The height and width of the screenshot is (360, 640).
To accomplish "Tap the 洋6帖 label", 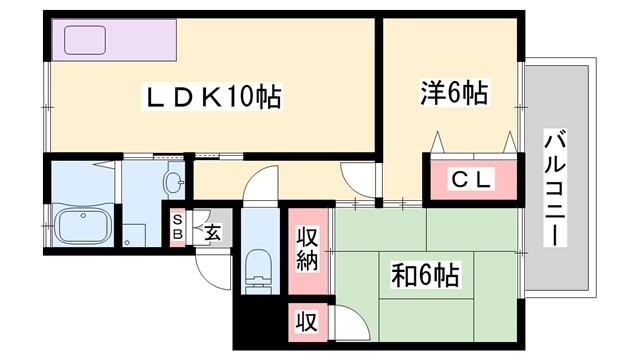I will pyautogui.click(x=453, y=95).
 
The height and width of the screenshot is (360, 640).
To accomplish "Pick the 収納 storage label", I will pyautogui.click(x=307, y=249).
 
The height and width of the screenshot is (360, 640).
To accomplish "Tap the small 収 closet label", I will pyautogui.click(x=306, y=322).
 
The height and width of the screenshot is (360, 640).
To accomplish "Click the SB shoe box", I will pyautogui.click(x=177, y=227).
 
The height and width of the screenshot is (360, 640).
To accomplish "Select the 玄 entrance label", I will pyautogui.click(x=213, y=234).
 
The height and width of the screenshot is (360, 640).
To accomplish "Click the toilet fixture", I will pyautogui.click(x=258, y=268).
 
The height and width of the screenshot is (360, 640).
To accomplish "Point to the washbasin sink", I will pyautogui.click(x=175, y=183).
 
